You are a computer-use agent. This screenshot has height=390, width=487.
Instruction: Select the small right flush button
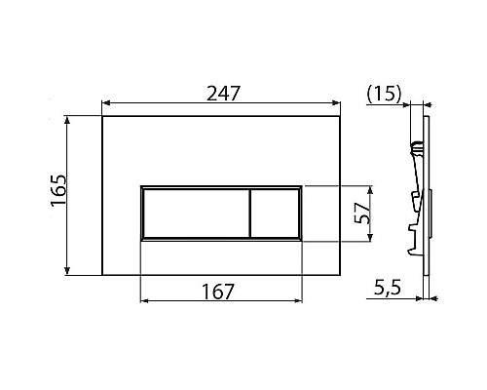point(276,213)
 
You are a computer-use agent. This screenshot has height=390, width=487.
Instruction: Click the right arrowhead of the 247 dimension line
point(336,101)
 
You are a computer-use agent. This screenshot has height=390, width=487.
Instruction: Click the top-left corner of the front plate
point(102,119)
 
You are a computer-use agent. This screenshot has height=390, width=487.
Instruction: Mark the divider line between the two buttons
point(250,213)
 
